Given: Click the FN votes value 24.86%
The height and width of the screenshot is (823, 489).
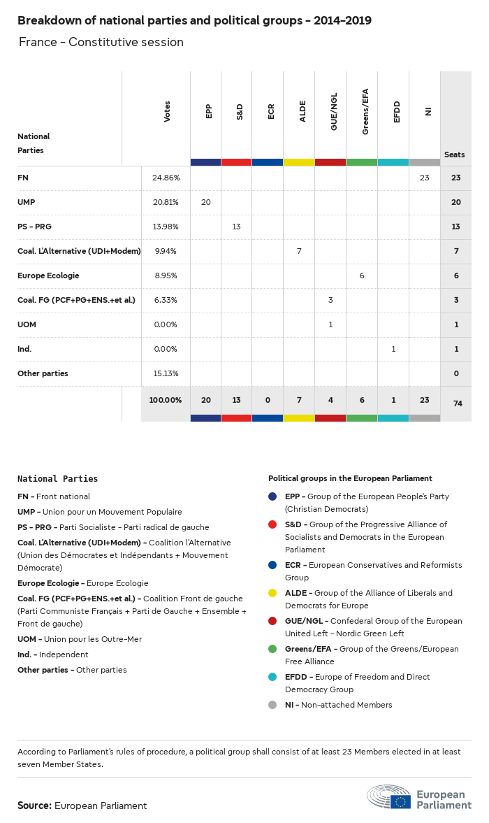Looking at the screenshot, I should [x=166, y=178].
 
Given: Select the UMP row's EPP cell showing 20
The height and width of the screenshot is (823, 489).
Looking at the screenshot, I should [x=205, y=202].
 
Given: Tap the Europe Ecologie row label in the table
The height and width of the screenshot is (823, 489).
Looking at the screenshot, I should [x=48, y=275].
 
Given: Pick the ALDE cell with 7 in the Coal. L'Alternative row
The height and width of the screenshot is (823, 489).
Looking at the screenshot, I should [x=299, y=251].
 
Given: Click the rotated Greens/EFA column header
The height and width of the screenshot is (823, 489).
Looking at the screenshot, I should [x=365, y=111].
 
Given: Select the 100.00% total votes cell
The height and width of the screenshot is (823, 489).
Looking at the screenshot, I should [x=166, y=400].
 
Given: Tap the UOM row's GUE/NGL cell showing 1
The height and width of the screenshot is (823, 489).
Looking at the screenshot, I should [x=330, y=324].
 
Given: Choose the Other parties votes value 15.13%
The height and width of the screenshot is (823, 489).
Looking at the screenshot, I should [x=166, y=373].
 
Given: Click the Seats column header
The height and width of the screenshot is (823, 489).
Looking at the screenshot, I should [x=454, y=155].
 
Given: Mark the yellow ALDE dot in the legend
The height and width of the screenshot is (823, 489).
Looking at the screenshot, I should [x=273, y=593].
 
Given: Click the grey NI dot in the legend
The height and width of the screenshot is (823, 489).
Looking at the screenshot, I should [x=273, y=705].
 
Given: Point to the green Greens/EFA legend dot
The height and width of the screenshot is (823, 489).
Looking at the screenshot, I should [x=273, y=649].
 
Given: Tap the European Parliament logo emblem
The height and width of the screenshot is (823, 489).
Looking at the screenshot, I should [x=390, y=797].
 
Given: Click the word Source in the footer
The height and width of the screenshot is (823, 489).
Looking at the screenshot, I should [x=34, y=806].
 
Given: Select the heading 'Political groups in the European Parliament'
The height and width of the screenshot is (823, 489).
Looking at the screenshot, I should [x=350, y=478].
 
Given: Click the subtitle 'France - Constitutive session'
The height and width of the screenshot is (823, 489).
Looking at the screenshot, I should [x=101, y=42].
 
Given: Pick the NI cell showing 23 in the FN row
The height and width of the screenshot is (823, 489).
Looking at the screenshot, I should [x=424, y=178].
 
